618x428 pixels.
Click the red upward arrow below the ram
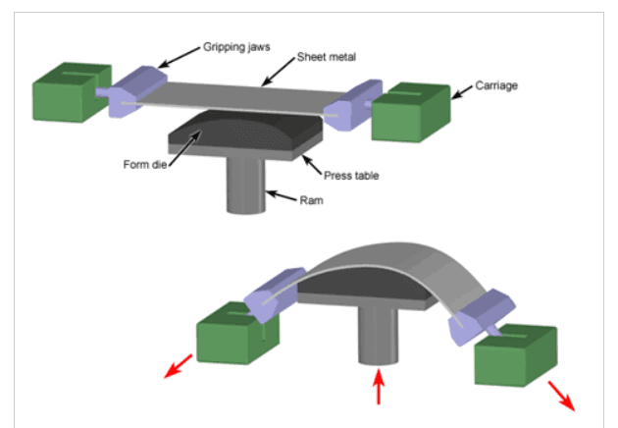coord(377,386)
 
